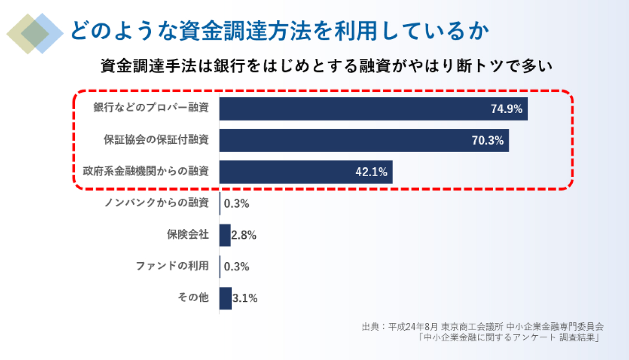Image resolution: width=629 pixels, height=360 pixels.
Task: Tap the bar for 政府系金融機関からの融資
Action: click(x=305, y=172)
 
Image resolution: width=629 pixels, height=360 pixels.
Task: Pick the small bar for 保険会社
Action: click(x=225, y=235)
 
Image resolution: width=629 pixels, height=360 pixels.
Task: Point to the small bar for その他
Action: click(x=226, y=298)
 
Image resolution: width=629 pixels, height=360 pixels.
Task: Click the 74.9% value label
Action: click(x=506, y=109)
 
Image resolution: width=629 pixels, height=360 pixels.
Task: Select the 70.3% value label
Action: click(x=487, y=140)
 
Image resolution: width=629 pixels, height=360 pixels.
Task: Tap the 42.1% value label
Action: click(x=371, y=172)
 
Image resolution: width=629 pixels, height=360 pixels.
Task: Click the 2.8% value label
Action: click(x=244, y=235)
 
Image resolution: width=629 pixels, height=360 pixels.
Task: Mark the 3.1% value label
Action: click(x=245, y=298)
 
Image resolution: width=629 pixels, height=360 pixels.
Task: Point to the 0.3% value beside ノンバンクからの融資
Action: click(x=236, y=204)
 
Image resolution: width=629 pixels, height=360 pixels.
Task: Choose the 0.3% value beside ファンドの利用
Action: click(x=236, y=266)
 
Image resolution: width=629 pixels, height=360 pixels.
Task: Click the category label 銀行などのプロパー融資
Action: click(x=151, y=108)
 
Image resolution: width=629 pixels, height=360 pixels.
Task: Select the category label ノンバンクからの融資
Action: click(x=156, y=202)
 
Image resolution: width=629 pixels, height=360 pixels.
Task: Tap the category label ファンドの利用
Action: click(x=172, y=266)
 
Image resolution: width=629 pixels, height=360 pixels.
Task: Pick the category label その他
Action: click(x=193, y=297)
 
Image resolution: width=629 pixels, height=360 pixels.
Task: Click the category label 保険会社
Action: click(x=187, y=234)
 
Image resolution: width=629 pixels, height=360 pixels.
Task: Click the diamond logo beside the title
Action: click(x=35, y=34)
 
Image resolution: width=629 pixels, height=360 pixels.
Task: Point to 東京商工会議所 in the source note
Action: click(x=472, y=326)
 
